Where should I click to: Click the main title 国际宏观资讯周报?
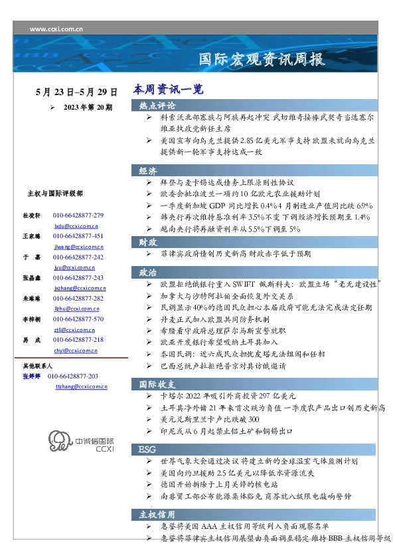click(x=262, y=60)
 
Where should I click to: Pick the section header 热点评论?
click(x=157, y=105)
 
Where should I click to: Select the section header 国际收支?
click(x=157, y=384)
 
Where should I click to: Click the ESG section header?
click(x=147, y=450)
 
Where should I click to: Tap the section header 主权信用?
click(x=157, y=515)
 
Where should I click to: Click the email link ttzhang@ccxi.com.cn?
click(x=79, y=386)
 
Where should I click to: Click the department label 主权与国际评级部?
click(x=55, y=194)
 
